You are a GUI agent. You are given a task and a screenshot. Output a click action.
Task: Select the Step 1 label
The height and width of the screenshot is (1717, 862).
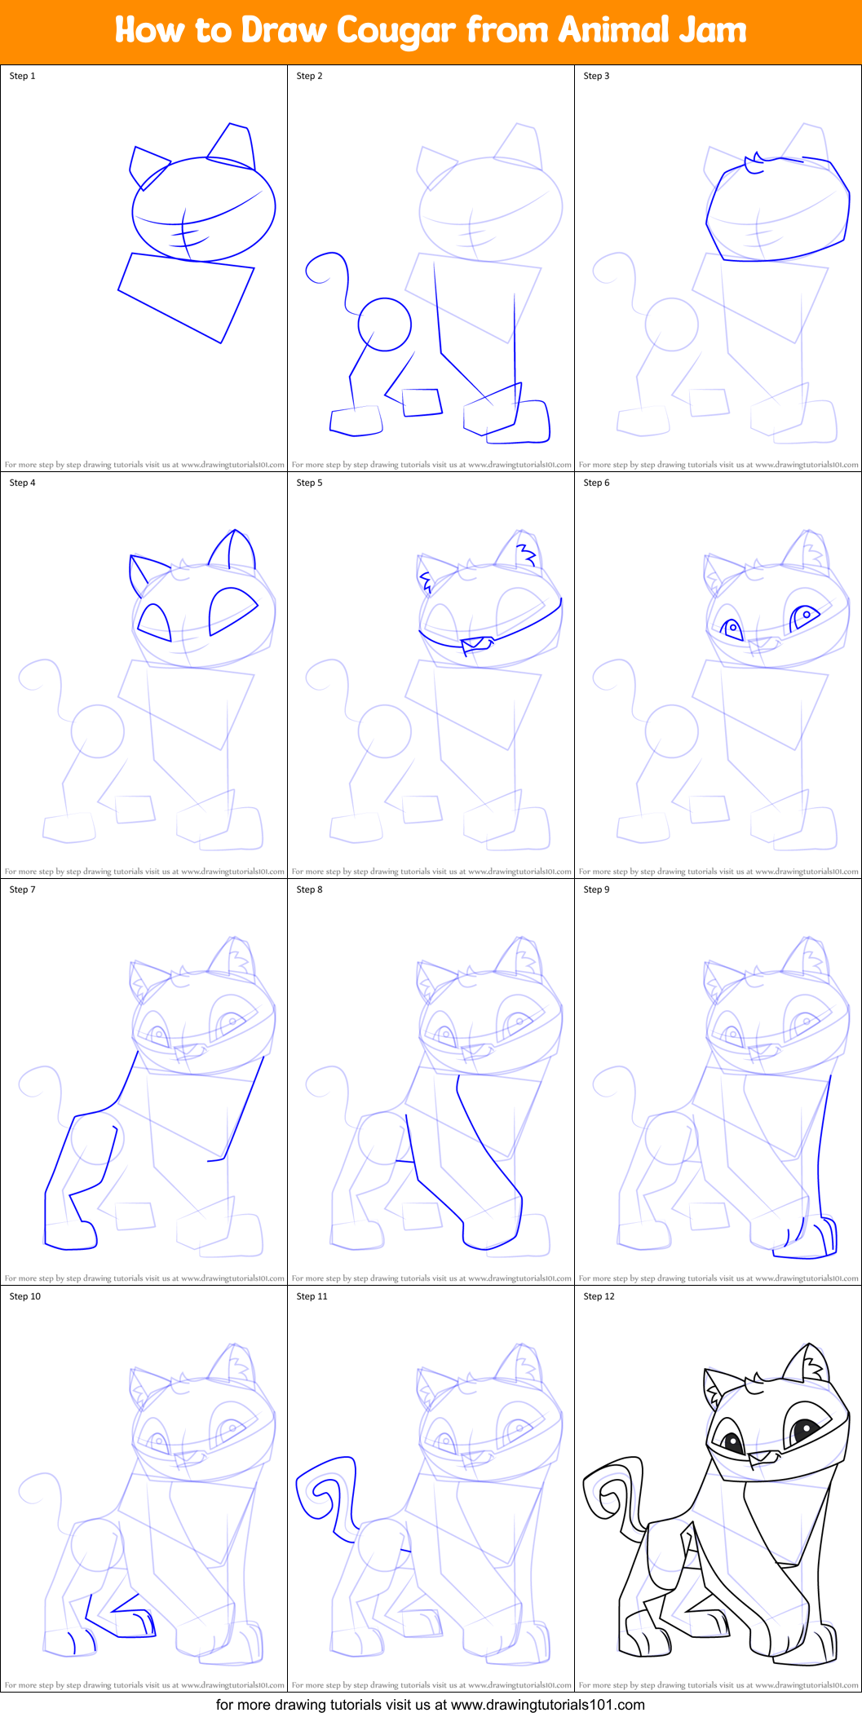coord(22,76)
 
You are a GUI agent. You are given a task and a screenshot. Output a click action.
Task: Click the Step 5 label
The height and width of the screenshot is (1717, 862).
coord(309,483)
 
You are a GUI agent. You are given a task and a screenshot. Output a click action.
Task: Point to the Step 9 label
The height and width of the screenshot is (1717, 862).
coord(596,889)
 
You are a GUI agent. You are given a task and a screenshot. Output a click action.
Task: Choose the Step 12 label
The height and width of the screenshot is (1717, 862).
coord(599,1296)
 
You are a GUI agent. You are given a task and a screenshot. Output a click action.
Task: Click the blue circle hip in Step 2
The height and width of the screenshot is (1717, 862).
coord(385,324)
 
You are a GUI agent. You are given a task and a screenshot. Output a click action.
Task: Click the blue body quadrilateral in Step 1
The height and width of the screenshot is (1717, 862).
coord(186,297)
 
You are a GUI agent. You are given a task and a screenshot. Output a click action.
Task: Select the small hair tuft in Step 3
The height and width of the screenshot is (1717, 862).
coord(755,163)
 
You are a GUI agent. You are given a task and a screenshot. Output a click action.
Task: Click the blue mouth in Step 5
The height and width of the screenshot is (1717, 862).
coord(477,645)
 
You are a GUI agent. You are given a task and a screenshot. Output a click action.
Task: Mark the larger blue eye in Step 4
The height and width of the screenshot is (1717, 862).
coord(233,611)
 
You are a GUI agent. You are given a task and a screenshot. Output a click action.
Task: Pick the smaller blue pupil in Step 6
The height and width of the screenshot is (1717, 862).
coord(732,628)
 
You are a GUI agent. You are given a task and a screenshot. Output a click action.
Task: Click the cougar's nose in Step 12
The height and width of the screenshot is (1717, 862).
coord(762,1456)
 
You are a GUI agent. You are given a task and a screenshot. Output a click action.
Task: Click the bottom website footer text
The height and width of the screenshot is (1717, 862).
coord(431,1705)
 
